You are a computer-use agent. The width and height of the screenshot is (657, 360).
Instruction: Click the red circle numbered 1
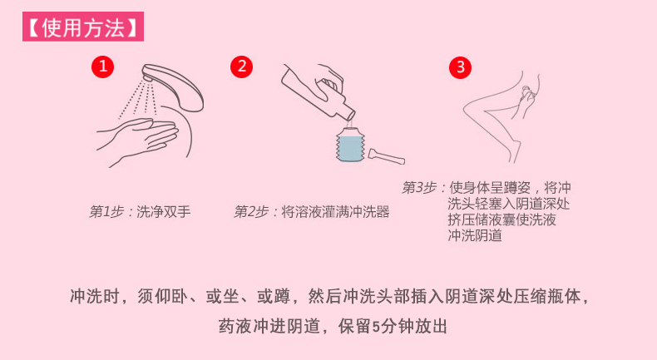point(102,67)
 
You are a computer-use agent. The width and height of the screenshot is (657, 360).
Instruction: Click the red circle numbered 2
point(240,67)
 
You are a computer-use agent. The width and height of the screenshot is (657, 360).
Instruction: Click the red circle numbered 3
point(460,67)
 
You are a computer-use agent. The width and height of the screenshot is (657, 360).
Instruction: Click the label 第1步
point(106,212)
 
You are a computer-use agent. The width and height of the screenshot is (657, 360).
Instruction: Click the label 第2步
point(252,212)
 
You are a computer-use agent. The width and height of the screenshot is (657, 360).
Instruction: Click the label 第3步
point(419,187)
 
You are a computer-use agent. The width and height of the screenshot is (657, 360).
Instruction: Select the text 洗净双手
point(163,212)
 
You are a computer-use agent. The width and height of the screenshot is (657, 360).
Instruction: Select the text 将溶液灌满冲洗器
point(335,212)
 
